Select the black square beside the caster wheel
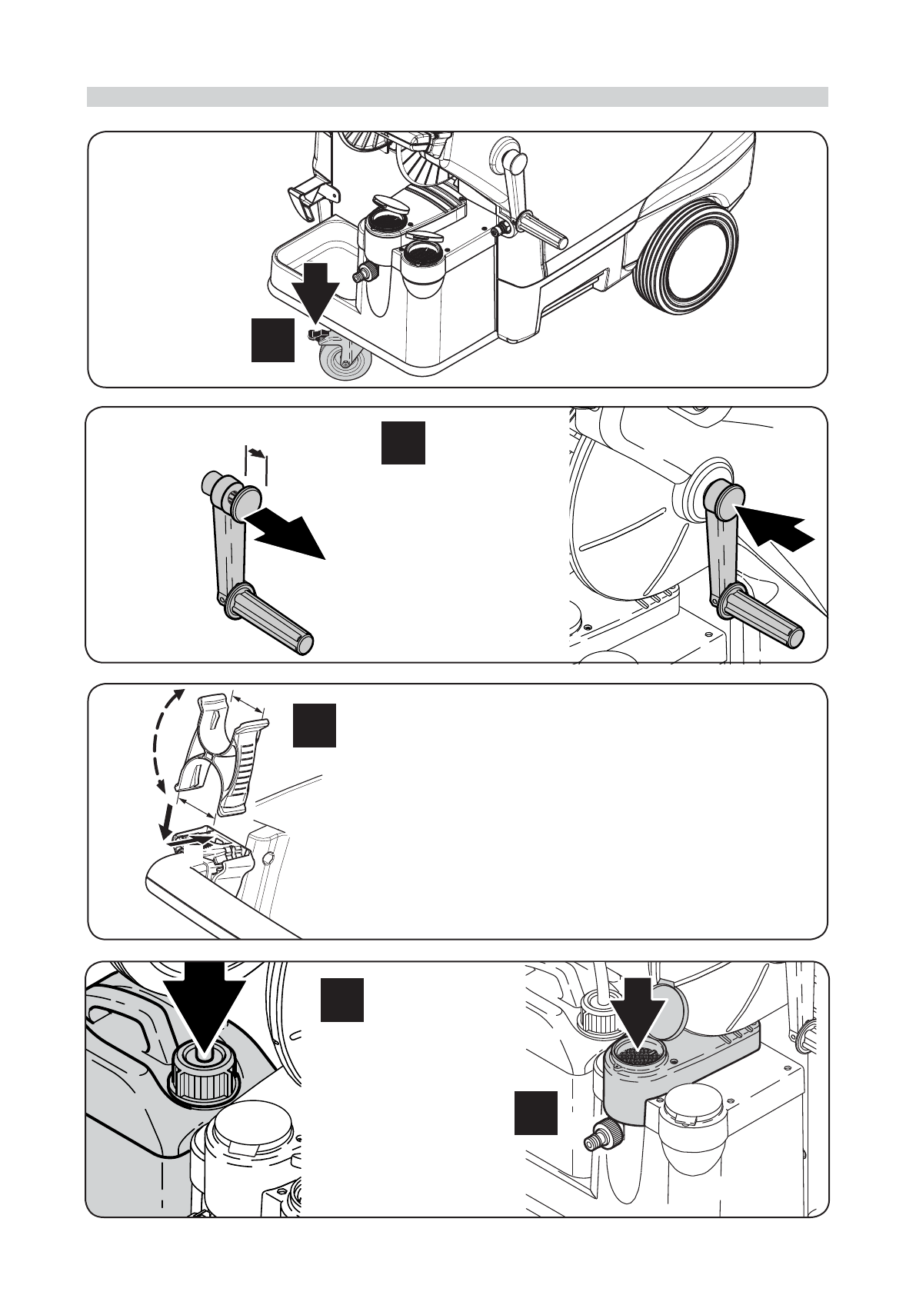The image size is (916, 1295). coord(273,339)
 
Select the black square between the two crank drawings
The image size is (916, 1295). coord(403,442)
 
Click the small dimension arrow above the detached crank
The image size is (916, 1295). coord(256,454)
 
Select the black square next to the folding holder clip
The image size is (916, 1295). coord(314,725)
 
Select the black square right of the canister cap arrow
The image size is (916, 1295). coord(342,1000)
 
